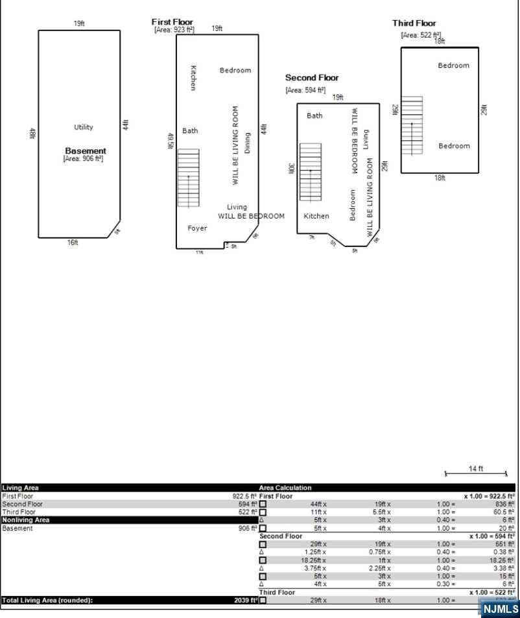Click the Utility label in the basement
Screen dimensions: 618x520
[83, 127]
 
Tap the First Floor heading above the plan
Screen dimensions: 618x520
[172, 22]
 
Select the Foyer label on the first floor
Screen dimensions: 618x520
[197, 228]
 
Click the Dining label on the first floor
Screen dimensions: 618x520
[247, 143]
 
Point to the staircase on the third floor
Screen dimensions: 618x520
[412, 125]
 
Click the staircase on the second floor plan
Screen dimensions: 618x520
[311, 172]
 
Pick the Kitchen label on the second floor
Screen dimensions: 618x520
[316, 216]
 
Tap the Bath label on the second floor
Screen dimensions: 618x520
[314, 115]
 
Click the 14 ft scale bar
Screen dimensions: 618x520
[476, 473]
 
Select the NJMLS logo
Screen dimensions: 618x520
[501, 608]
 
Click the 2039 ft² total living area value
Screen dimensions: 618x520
[246, 600]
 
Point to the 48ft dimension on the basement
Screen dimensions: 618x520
[31, 134]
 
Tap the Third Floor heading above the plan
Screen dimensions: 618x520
[414, 23]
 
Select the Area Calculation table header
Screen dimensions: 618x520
[285, 488]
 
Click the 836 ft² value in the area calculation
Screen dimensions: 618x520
[503, 504]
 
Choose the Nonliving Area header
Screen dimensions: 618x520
[26, 520]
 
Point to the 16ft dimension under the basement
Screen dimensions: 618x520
[73, 243]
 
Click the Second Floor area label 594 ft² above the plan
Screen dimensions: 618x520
[305, 91]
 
